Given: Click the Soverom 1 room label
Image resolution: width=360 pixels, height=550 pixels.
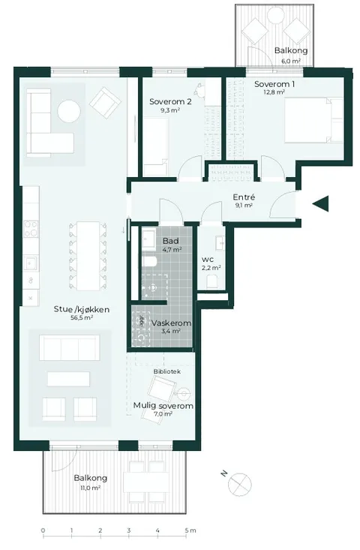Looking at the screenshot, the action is pyautogui.click(x=274, y=84).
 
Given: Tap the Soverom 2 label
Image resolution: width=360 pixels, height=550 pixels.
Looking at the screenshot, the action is pyautogui.click(x=170, y=102).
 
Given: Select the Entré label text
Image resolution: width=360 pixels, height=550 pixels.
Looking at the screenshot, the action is pyautogui.click(x=244, y=197).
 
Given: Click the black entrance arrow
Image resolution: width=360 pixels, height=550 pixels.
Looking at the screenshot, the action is pyautogui.click(x=321, y=204).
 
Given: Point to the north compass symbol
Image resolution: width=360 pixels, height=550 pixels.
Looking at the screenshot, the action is pyautogui.click(x=239, y=485).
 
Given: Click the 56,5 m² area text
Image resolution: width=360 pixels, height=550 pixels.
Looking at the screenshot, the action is pyautogui.click(x=82, y=318).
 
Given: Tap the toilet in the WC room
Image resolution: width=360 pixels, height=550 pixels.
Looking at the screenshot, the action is pyautogui.click(x=211, y=281).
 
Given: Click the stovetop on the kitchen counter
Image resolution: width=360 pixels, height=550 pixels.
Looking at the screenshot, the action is pyautogui.click(x=31, y=229).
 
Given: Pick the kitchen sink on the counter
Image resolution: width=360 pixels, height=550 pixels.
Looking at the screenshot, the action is pyautogui.click(x=31, y=263).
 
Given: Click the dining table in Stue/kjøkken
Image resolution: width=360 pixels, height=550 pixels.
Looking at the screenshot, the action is pyautogui.click(x=88, y=255).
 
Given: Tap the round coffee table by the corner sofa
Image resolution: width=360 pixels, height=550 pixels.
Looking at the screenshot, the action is pyautogui.click(x=69, y=111).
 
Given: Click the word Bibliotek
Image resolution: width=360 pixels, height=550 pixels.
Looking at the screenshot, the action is pyautogui.click(x=166, y=371).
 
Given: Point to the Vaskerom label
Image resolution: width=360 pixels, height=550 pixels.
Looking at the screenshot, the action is pyautogui.click(x=172, y=323).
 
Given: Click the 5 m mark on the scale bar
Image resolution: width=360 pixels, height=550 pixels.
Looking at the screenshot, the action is pyautogui.click(x=187, y=530).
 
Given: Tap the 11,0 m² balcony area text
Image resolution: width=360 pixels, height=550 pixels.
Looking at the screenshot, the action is pyautogui.click(x=90, y=488).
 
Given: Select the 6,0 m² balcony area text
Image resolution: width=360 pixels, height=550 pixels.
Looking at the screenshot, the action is pyautogui.click(x=291, y=61).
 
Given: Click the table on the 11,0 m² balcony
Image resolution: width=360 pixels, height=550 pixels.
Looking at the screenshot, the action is pyautogui.click(x=146, y=482).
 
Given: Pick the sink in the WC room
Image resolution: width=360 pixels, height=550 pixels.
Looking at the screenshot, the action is pyautogui.click(x=220, y=242).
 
